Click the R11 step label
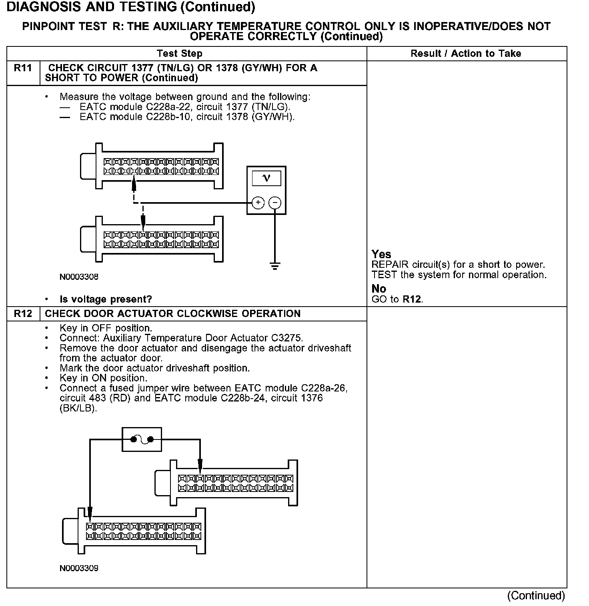click(23, 68)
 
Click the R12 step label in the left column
click(23, 313)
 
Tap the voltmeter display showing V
click(266, 178)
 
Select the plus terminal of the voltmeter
click(258, 203)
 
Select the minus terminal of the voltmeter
click(274, 203)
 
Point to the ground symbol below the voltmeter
click(274, 265)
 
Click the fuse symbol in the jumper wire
click(142, 439)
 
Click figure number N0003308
click(79, 277)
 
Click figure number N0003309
click(79, 568)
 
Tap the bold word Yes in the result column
click(381, 254)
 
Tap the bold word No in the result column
click(379, 289)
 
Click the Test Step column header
click(180, 54)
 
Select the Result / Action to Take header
click(466, 54)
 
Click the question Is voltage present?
click(106, 299)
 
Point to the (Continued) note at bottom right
click(536, 596)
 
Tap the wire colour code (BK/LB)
click(78, 409)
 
